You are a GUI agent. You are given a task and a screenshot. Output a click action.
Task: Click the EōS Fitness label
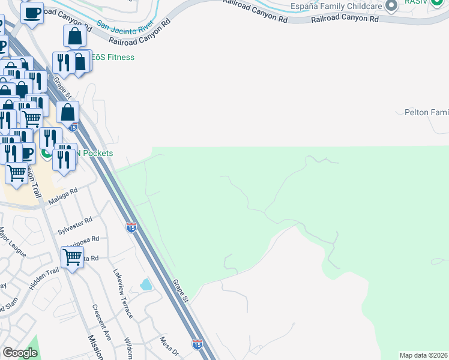(x=112, y=58)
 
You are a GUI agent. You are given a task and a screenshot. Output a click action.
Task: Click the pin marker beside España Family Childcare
(x=392, y=7)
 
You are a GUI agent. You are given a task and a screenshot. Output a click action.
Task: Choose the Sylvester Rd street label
(x=75, y=226)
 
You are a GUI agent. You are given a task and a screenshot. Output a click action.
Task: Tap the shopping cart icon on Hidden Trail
(x=73, y=258)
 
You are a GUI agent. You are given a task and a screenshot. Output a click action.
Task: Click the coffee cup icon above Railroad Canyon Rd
(x=32, y=12)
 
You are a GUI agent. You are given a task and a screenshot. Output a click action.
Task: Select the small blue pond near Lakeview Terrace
(x=146, y=284)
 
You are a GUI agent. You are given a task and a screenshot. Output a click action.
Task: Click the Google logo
(x=20, y=353)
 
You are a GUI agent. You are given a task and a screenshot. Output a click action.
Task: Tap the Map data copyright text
(x=424, y=355)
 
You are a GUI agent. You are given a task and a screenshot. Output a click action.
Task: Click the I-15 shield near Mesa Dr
(x=197, y=344)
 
